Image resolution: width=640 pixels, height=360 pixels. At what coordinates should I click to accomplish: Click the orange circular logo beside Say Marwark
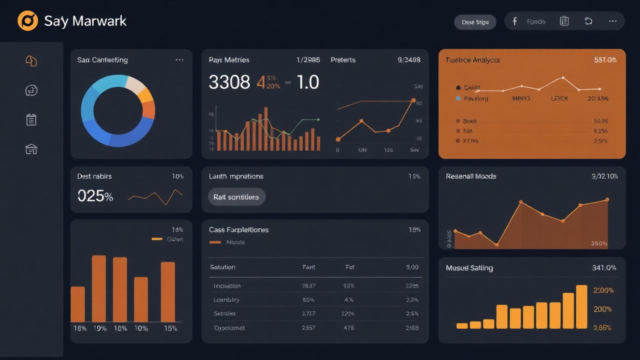click(x=27, y=21)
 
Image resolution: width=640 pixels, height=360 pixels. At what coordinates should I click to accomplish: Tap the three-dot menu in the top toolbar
click(x=612, y=21)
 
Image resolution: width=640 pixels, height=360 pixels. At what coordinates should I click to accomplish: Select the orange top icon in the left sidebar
click(x=31, y=61)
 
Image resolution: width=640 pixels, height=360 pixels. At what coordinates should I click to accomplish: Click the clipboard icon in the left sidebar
click(x=31, y=119)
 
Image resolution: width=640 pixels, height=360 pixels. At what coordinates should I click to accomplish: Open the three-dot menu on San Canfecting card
click(x=179, y=60)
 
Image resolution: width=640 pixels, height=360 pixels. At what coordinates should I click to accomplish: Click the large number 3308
click(x=229, y=82)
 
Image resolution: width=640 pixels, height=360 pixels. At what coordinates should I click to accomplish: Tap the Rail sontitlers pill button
click(x=236, y=197)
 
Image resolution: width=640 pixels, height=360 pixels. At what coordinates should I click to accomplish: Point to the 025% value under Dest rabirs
click(x=95, y=196)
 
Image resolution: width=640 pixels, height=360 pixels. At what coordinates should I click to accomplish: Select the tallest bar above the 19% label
click(x=99, y=288)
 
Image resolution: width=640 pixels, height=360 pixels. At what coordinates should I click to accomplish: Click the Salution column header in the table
click(x=222, y=267)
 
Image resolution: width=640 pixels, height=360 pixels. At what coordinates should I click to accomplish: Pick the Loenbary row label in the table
click(x=226, y=300)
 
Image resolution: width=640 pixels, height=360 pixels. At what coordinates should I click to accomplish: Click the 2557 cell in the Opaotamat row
click(x=308, y=328)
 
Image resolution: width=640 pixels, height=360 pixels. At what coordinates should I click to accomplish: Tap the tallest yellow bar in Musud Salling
click(x=581, y=306)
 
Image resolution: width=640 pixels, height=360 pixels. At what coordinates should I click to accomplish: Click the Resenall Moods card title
click(x=471, y=176)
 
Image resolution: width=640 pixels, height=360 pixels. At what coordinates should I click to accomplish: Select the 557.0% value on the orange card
click(x=605, y=60)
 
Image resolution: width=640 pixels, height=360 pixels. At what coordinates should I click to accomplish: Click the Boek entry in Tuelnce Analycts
click(x=469, y=121)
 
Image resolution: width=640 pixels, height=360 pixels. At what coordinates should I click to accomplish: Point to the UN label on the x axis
click(x=362, y=150)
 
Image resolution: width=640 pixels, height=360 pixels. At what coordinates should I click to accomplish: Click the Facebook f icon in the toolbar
click(x=515, y=21)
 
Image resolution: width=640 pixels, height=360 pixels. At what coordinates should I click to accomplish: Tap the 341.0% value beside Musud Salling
click(x=604, y=268)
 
